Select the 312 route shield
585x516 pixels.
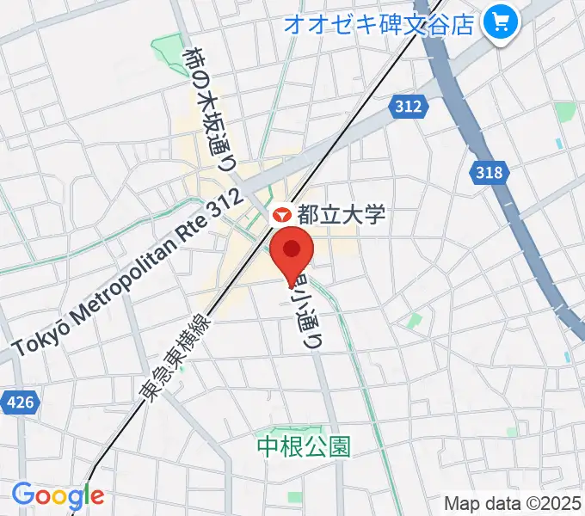click(x=409, y=106)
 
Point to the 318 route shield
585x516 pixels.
click(x=489, y=173)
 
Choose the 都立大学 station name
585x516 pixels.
click(x=341, y=215)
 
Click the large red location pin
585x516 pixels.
click(x=292, y=250)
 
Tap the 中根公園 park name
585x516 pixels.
click(x=305, y=445)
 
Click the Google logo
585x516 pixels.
click(x=58, y=496)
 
